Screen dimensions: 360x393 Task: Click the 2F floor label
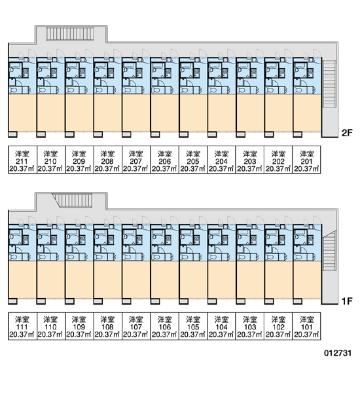347,133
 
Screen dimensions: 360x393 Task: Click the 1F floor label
347,301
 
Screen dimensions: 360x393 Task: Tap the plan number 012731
338,353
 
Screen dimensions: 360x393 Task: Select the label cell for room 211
22,159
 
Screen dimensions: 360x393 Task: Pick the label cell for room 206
164,159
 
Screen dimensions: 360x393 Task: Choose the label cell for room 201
306,159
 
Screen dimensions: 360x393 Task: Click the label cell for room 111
22,326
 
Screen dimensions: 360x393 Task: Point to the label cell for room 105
193,326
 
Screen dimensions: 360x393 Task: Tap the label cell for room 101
306,326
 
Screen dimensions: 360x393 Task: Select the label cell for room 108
108,326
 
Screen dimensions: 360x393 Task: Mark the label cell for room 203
250,159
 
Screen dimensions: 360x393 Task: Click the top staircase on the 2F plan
70,34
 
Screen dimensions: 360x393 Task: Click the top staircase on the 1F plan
73,200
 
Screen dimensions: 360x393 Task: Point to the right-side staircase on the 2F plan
329,84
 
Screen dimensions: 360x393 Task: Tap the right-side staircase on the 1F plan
329,250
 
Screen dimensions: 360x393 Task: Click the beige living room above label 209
79,113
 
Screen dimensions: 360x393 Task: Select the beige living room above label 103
250,280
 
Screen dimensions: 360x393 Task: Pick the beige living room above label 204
222,113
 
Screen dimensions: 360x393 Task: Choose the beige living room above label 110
51,280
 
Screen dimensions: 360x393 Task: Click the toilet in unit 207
128,90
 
